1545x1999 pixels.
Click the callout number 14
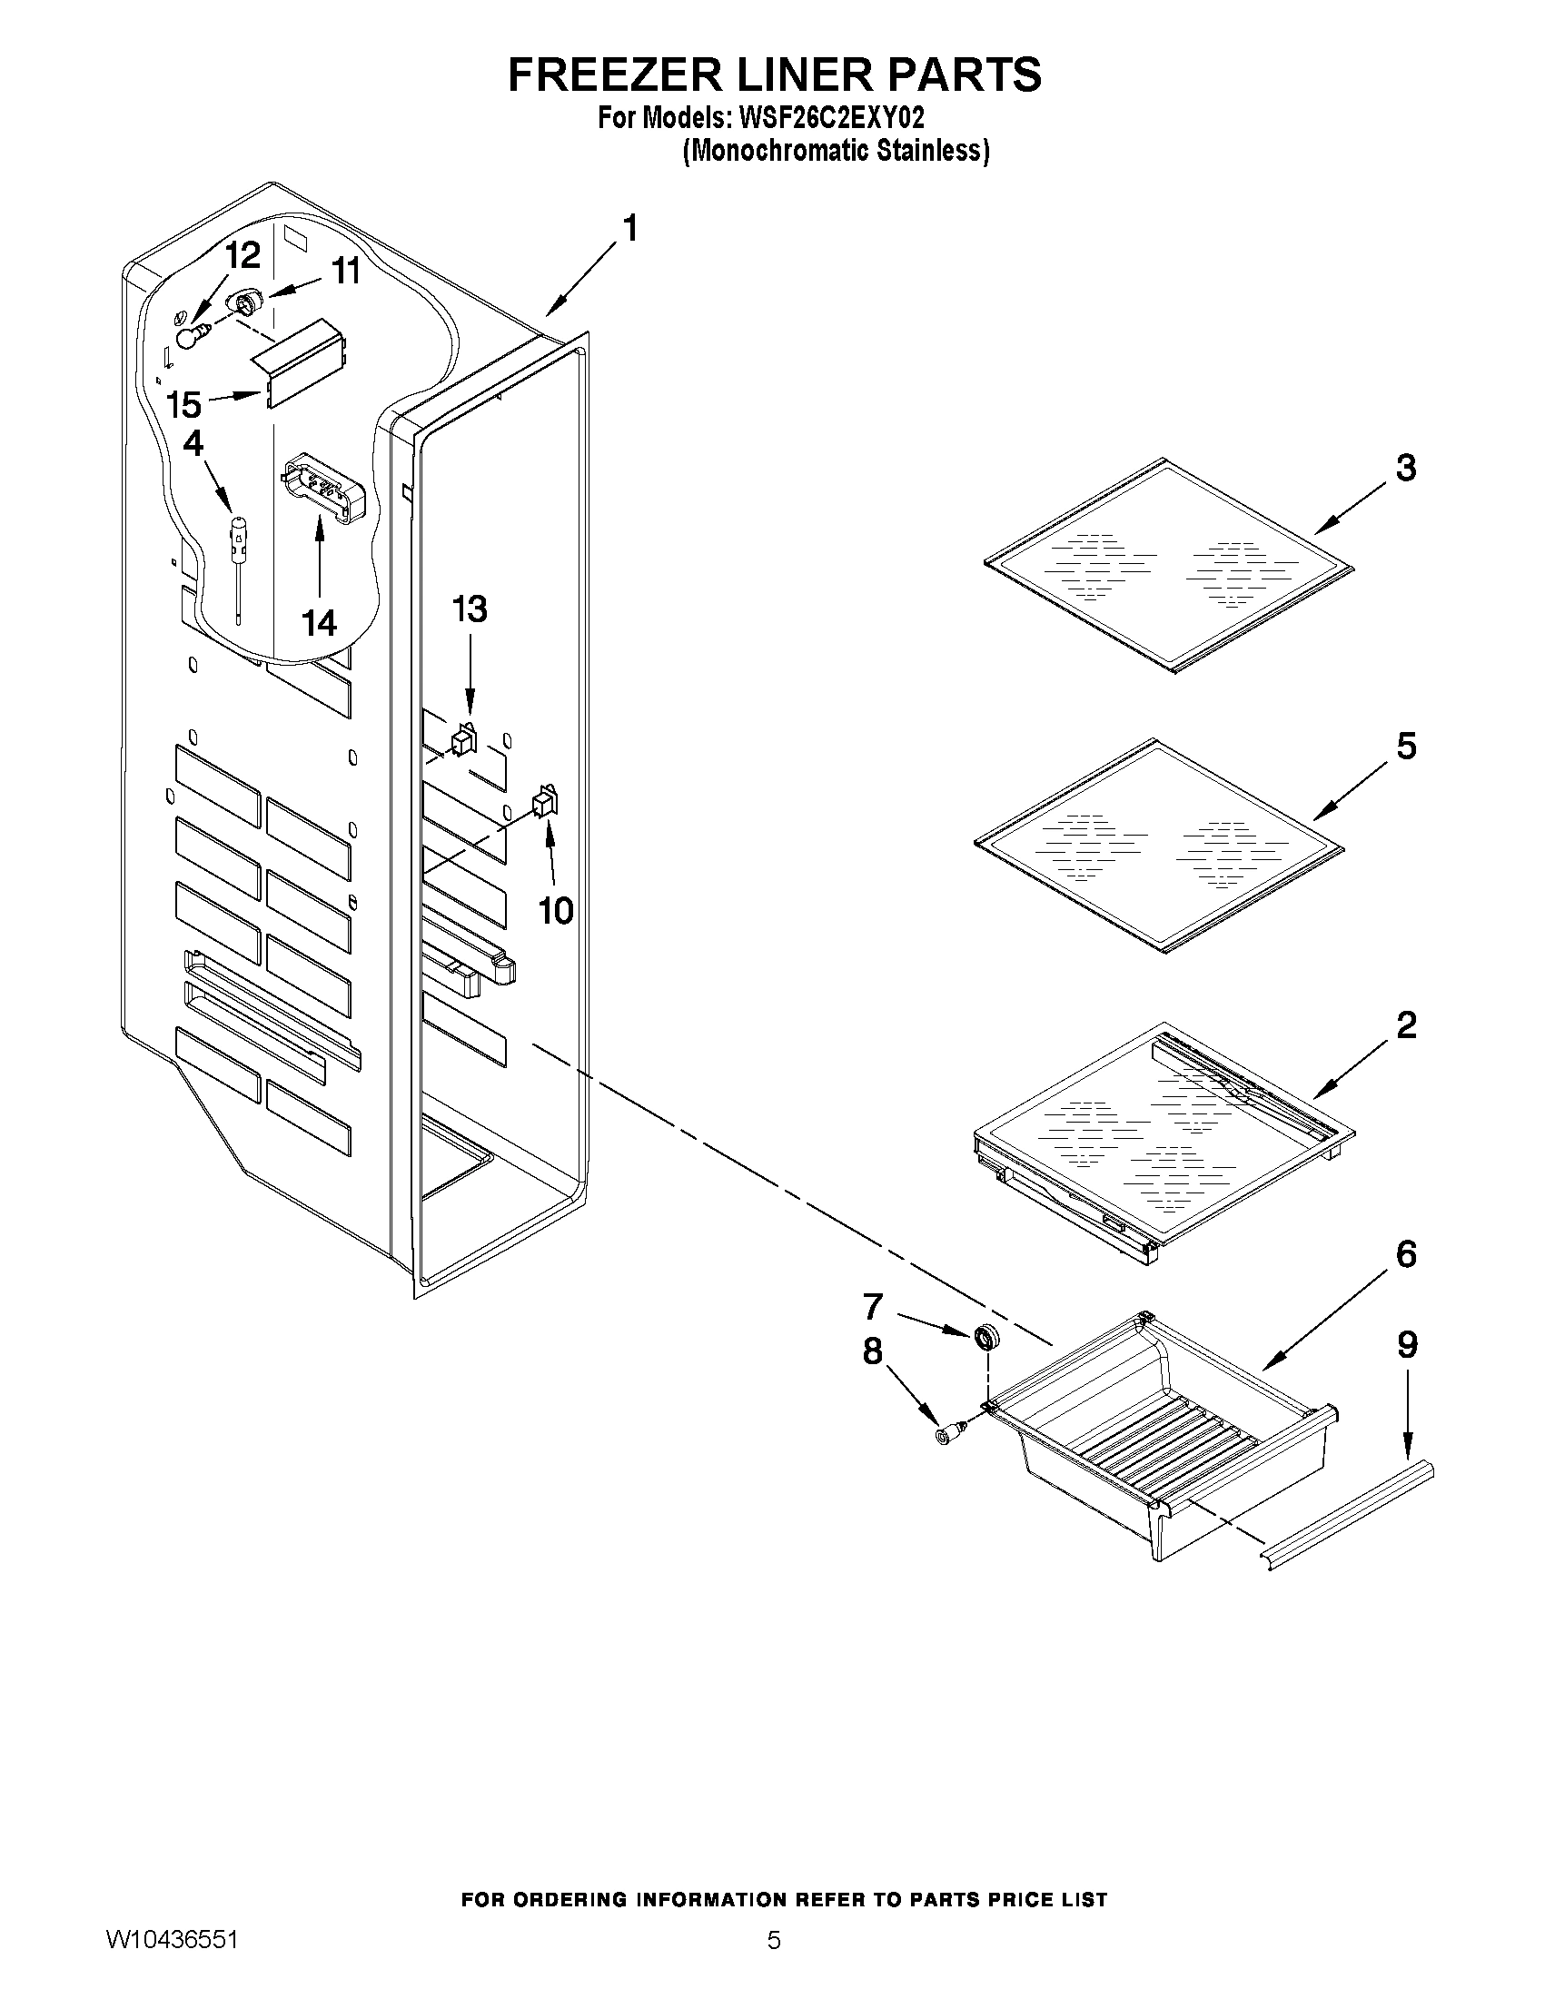[x=320, y=623]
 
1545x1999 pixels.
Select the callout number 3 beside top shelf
[x=1405, y=468]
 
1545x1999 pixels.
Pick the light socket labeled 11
[x=243, y=301]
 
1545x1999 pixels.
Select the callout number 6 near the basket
[x=1405, y=1255]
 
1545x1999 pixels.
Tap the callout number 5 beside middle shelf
[x=1405, y=747]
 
